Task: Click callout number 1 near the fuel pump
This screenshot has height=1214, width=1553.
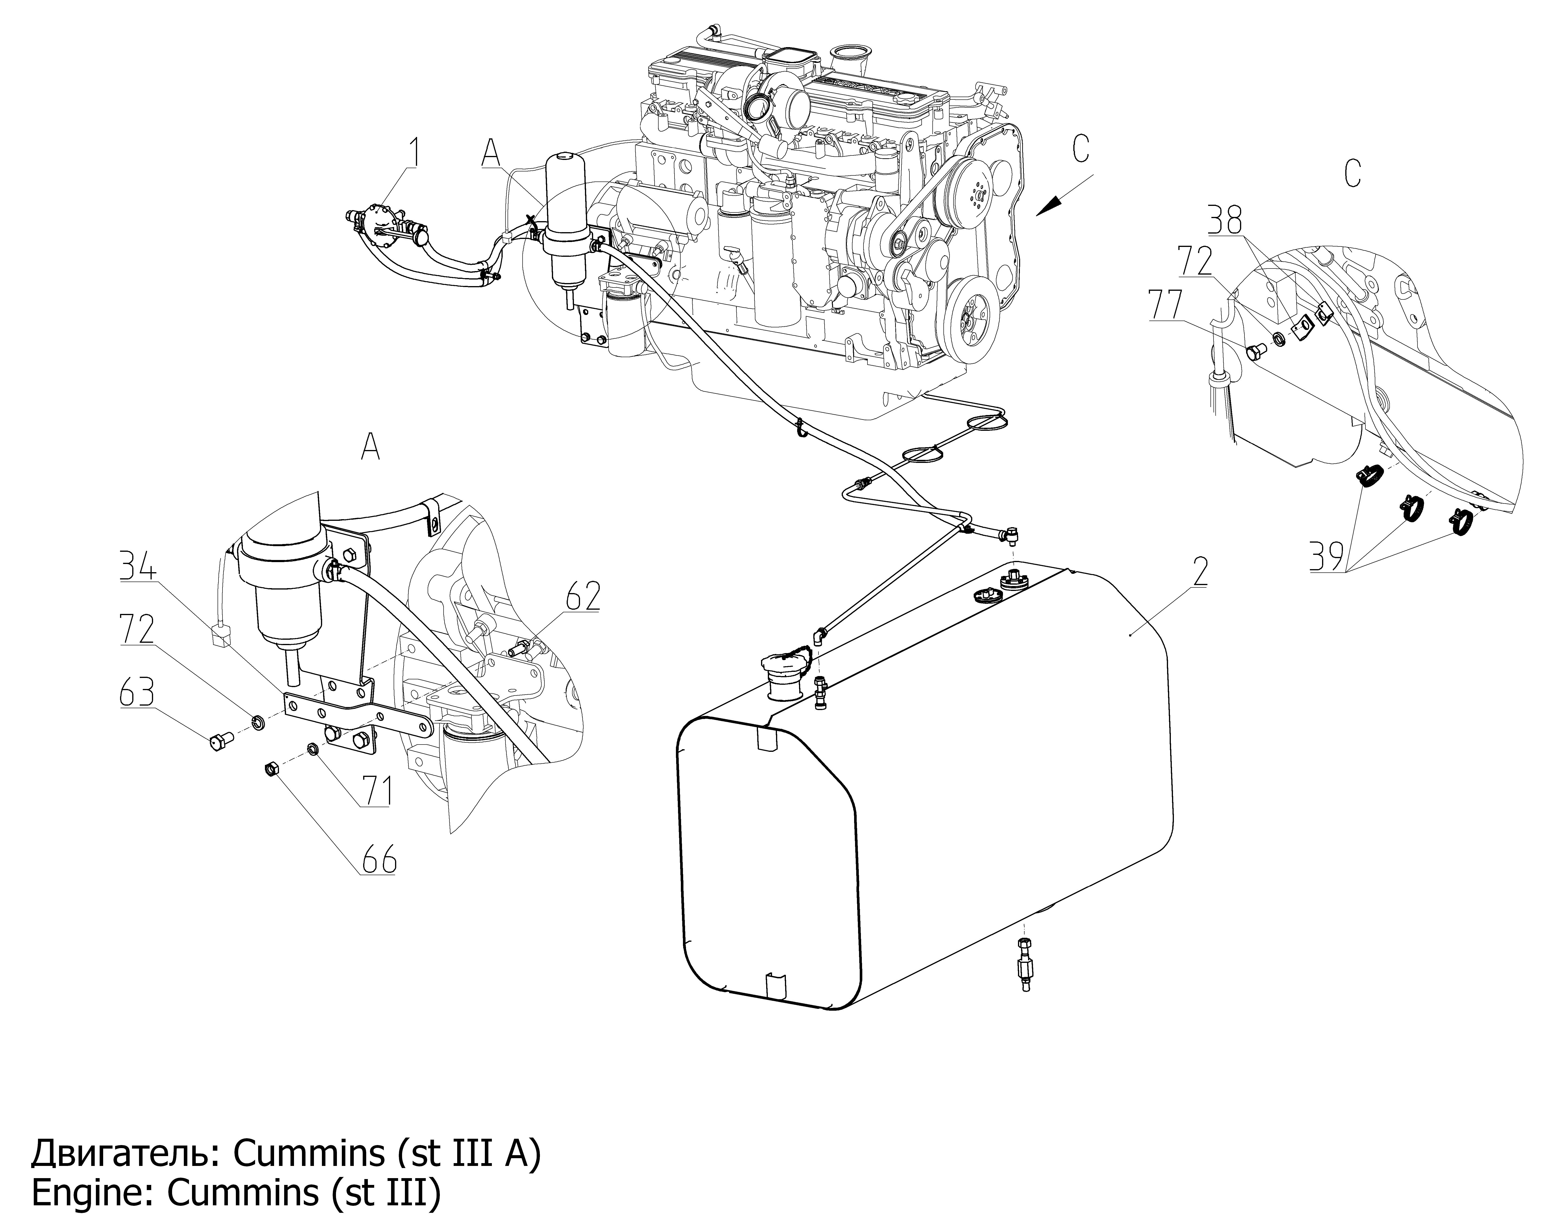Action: pyautogui.click(x=412, y=154)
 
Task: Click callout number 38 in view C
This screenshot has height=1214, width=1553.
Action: pyautogui.click(x=1225, y=220)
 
